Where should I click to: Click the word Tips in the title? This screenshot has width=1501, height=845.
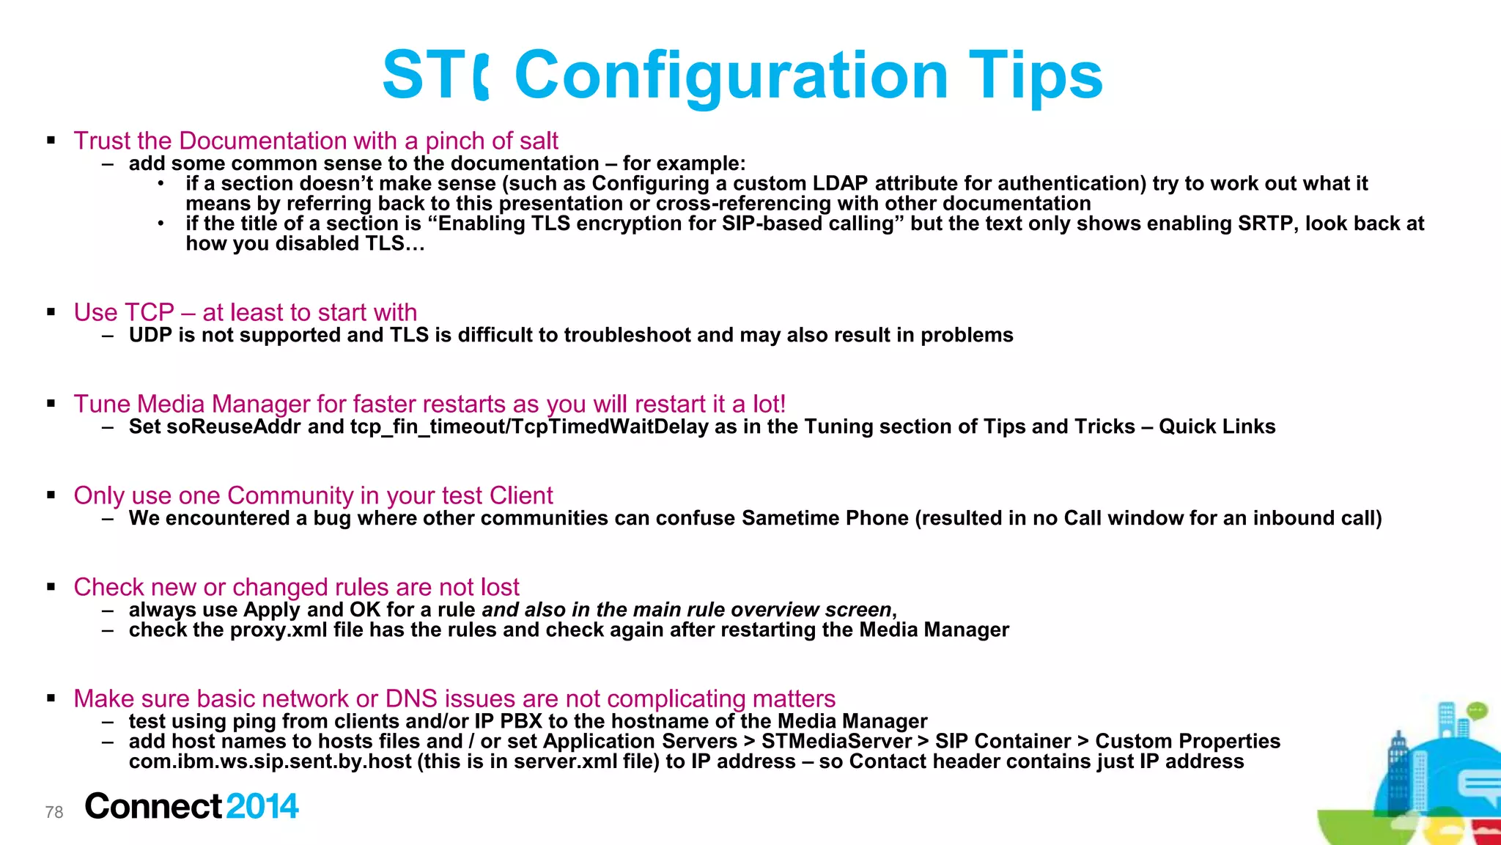(x=1035, y=75)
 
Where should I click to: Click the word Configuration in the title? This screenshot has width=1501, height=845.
(x=731, y=75)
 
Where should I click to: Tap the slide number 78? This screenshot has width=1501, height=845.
(x=54, y=812)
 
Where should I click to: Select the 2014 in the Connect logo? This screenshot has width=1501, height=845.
(x=262, y=806)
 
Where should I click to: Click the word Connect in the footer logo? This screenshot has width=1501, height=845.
(x=152, y=806)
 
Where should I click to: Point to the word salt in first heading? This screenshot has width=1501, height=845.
(x=539, y=141)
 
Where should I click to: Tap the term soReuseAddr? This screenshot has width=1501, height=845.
(x=233, y=427)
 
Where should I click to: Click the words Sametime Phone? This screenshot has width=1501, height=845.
(x=825, y=518)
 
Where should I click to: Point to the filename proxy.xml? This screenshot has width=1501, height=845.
(x=279, y=630)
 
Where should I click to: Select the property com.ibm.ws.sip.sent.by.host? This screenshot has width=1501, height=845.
(x=270, y=761)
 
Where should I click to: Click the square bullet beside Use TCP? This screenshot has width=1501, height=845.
(x=51, y=312)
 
